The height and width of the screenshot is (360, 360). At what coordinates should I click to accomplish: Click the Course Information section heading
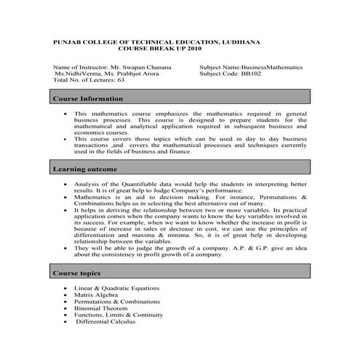coord(82,98)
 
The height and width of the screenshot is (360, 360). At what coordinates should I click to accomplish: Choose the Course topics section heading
coord(76,273)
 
